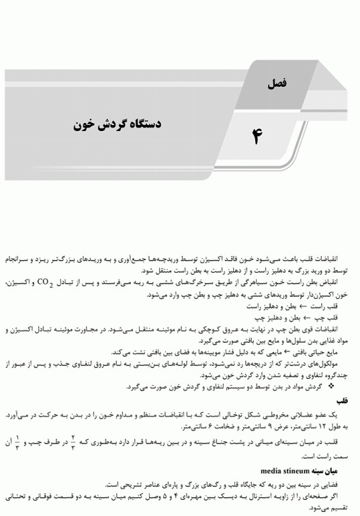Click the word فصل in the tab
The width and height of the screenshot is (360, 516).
276,83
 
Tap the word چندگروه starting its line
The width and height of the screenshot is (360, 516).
333,376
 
